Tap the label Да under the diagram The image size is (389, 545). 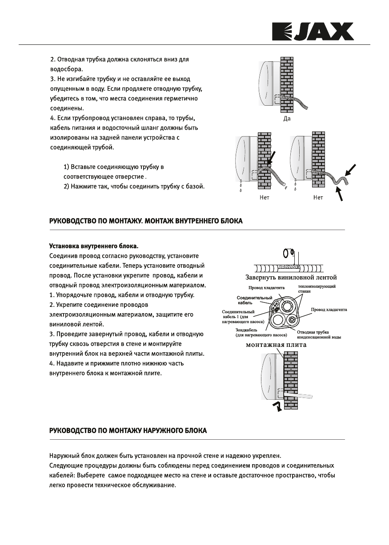tap(287, 119)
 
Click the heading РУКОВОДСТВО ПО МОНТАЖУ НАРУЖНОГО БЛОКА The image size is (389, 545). tap(127, 431)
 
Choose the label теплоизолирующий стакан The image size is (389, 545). tap(317, 289)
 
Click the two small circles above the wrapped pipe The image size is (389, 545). tap(288, 253)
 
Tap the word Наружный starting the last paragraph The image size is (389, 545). tap(64, 456)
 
